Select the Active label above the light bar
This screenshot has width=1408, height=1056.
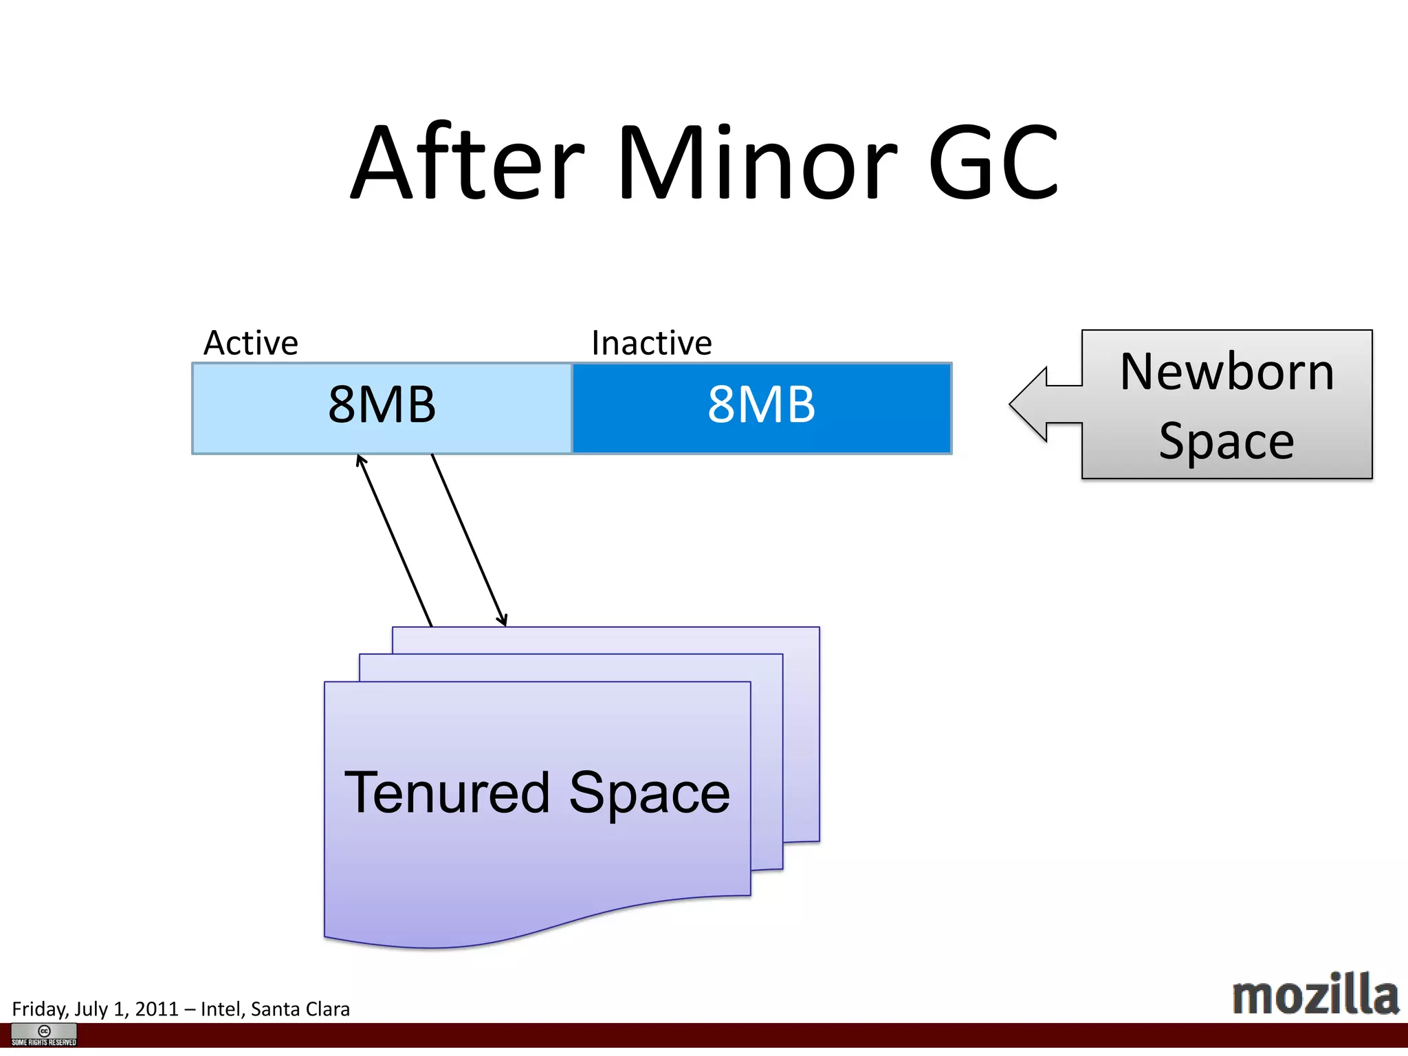[x=251, y=343]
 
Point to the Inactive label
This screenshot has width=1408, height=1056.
[x=651, y=343]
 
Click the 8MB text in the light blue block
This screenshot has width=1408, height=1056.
[x=382, y=405]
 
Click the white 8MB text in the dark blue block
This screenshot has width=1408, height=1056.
[x=761, y=405]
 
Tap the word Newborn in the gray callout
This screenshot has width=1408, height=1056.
[x=1226, y=372]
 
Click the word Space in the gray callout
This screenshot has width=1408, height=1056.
[x=1226, y=441]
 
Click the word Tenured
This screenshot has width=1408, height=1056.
[x=447, y=793]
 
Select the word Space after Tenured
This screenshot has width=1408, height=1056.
[x=649, y=793]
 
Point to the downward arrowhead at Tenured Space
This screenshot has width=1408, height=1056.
[x=504, y=621]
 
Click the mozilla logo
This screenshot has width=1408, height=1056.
[x=1314, y=995]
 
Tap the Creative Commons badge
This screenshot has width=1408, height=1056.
[x=44, y=1035]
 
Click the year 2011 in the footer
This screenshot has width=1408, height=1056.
[x=157, y=1009]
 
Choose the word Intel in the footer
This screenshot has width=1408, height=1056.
[x=221, y=1009]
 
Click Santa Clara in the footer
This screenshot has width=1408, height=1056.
[x=300, y=1009]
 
